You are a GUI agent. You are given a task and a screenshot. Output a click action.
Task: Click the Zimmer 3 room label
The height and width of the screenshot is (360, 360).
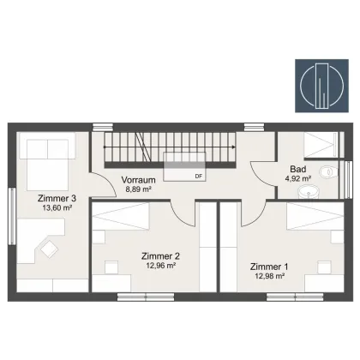pos(57,198)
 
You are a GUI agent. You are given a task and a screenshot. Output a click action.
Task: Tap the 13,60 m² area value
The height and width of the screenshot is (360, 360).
pos(57,207)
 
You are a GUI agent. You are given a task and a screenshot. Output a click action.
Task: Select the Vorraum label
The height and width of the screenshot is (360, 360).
pos(139,180)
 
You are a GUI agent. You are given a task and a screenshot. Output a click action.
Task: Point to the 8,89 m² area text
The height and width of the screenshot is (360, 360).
pos(139,189)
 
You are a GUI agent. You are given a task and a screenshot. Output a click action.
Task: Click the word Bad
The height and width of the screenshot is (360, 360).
pos(298,169)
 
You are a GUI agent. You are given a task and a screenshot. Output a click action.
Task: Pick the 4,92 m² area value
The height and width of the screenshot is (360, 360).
pos(298,178)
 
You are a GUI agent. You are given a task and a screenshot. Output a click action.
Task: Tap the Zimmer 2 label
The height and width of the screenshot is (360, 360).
pos(160,256)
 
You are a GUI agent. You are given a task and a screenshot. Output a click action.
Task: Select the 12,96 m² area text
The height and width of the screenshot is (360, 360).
pos(160,266)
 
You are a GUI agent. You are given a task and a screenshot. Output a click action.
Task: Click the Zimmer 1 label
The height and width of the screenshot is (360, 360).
pos(269,267)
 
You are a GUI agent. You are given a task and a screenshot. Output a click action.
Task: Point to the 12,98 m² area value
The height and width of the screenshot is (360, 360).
pos(269,276)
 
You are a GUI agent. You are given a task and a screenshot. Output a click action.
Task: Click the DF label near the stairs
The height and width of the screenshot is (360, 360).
pos(199,177)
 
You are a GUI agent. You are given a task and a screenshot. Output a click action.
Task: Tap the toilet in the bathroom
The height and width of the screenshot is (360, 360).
pos(328,172)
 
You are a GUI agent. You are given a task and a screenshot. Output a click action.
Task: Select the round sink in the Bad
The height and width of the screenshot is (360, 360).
pos(309,192)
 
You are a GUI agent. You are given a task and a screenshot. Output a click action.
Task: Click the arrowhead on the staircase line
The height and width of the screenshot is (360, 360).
pos(234,147)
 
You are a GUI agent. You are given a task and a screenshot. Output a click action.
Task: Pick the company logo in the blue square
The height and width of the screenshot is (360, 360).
pos(321,86)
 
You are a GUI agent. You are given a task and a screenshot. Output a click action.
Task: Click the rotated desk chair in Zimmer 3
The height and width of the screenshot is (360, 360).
pos(49,249)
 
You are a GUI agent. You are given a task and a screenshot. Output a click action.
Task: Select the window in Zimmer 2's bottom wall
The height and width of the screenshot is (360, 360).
pos(146,297)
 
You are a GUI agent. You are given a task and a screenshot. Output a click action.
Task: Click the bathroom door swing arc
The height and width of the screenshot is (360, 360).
pos(259,173)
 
